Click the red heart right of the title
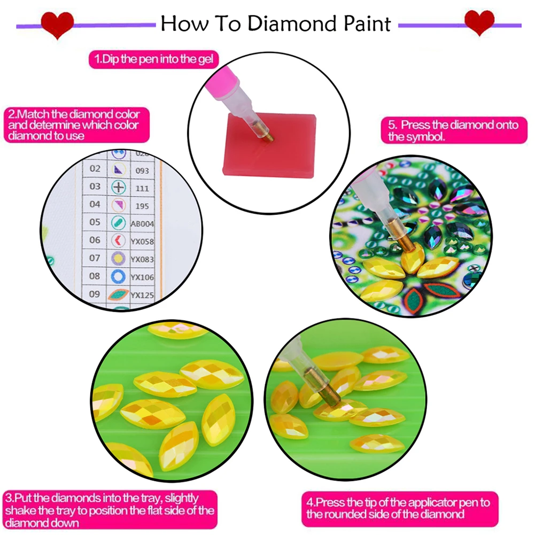479,23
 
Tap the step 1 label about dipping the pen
153,59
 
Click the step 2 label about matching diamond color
74,125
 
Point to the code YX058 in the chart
142,242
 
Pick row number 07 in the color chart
95,258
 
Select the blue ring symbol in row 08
118,276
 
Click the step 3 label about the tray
110,510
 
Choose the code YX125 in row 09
142,294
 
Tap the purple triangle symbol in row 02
118,169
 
